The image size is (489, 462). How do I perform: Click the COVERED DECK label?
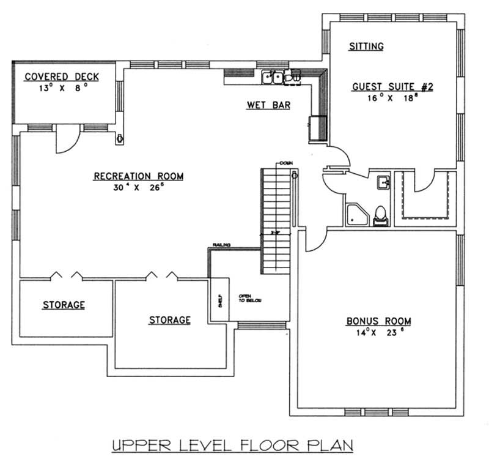pos(61,76)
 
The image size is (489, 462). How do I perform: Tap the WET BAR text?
pos(268,105)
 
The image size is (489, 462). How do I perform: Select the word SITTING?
pos(366,46)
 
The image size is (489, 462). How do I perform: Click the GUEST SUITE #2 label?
pos(392,87)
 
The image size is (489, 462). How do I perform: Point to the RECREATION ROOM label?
pos(138,176)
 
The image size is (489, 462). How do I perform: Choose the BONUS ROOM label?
pos(378,321)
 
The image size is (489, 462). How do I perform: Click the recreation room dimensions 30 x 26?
pos(138,188)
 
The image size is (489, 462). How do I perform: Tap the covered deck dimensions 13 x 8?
pos(61,87)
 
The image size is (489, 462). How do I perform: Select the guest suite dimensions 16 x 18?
pos(392,97)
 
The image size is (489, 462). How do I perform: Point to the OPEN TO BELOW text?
pos(246,298)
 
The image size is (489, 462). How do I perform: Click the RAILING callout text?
pos(221,245)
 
